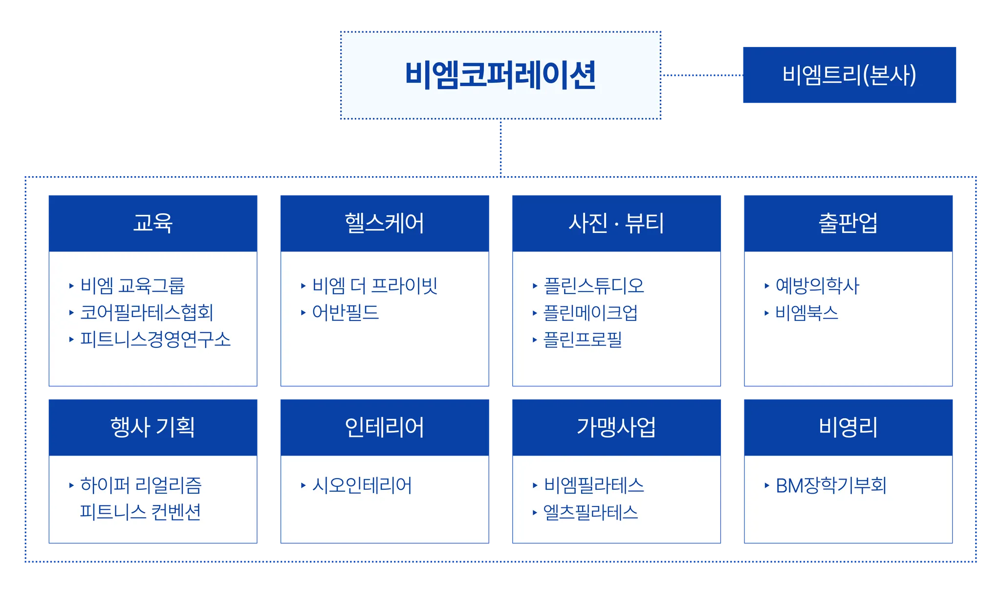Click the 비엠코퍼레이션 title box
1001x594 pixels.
pyautogui.click(x=500, y=75)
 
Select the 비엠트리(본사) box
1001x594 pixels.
pyautogui.click(x=849, y=75)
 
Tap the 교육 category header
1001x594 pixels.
pyautogui.click(x=153, y=223)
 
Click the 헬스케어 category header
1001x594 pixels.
pyautogui.click(x=384, y=223)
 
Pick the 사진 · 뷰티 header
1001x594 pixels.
pyautogui.click(x=616, y=223)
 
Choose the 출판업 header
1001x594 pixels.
pyautogui.click(x=848, y=223)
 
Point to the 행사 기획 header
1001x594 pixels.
pyautogui.click(x=153, y=427)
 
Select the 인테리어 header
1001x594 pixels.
pyautogui.click(x=384, y=427)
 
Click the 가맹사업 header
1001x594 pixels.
pyautogui.click(x=616, y=427)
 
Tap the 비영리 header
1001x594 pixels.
pyautogui.click(x=848, y=427)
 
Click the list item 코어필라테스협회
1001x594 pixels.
pyautogui.click(x=147, y=313)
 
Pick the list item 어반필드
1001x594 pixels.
pyautogui.click(x=346, y=313)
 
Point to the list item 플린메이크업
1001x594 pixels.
pyautogui.click(x=590, y=313)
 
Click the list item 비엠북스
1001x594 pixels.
pyautogui.click(x=806, y=313)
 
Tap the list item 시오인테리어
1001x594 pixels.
pyautogui.click(x=362, y=485)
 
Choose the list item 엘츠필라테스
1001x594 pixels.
pyautogui.click(x=590, y=512)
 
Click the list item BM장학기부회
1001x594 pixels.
pyautogui.click(x=831, y=485)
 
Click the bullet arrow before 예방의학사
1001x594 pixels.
pyautogui.click(x=766, y=286)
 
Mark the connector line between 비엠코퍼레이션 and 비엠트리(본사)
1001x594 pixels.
pyautogui.click(x=702, y=75)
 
